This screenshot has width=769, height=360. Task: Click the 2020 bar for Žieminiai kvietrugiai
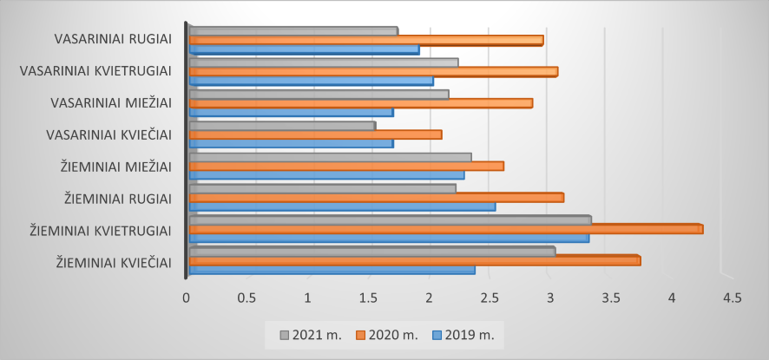point(445,228)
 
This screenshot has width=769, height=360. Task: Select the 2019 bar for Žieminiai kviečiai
point(332,270)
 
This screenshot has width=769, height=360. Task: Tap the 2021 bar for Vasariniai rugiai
point(292,31)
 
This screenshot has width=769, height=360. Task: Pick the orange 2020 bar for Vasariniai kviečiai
point(315,134)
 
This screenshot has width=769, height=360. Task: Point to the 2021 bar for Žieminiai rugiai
point(322,188)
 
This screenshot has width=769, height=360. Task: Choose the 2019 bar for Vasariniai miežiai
point(291,113)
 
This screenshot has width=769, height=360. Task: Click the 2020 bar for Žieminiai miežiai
point(345,166)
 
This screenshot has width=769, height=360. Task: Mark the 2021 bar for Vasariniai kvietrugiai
point(323,62)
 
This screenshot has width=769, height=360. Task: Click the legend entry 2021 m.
point(309,334)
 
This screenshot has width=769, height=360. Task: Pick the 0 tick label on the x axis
point(187,298)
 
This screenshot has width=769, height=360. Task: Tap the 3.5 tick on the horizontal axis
point(611,298)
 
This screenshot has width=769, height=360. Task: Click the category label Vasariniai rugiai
point(113,38)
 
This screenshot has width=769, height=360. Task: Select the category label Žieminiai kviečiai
point(113,262)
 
